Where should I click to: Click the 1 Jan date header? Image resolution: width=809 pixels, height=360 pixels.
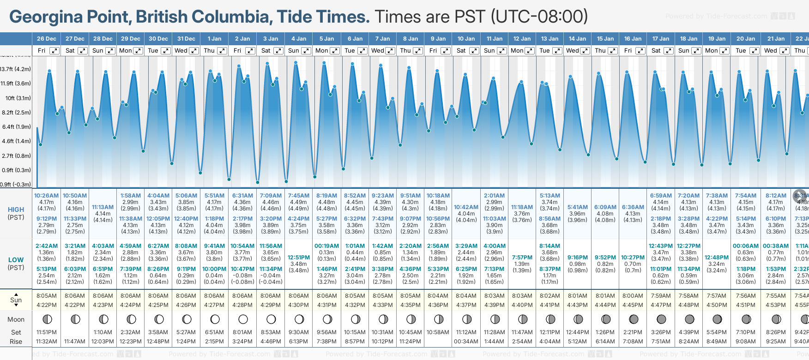click(214, 39)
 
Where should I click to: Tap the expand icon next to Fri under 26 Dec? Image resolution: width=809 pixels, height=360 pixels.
click(54, 51)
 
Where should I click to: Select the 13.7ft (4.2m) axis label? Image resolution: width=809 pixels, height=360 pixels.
click(16, 69)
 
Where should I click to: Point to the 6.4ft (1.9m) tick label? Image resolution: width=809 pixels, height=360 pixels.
click(16, 126)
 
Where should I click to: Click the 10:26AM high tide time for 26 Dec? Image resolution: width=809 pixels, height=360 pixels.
click(46, 196)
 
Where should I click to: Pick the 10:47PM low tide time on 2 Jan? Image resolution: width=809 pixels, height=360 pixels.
click(242, 269)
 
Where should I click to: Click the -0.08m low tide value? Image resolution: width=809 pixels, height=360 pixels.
click(242, 276)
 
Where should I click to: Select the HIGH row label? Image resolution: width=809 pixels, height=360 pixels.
click(16, 210)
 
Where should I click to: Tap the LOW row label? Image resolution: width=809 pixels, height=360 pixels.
click(16, 260)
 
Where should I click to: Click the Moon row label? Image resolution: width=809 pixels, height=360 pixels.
click(16, 319)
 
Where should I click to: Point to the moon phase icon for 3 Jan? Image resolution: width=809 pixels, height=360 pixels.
click(271, 319)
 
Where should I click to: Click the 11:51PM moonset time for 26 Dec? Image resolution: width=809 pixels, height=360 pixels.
click(46, 332)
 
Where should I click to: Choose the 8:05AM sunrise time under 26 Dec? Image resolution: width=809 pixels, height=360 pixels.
click(46, 296)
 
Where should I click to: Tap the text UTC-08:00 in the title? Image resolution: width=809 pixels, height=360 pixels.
click(539, 17)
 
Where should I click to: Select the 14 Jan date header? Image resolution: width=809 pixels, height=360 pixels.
click(578, 39)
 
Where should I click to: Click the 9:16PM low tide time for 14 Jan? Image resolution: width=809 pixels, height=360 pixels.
click(578, 258)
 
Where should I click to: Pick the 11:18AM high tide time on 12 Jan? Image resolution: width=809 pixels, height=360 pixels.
click(522, 207)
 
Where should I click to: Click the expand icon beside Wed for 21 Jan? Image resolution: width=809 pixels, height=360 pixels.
click(784, 51)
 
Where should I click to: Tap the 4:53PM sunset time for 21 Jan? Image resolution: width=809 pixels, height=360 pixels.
click(776, 305)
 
